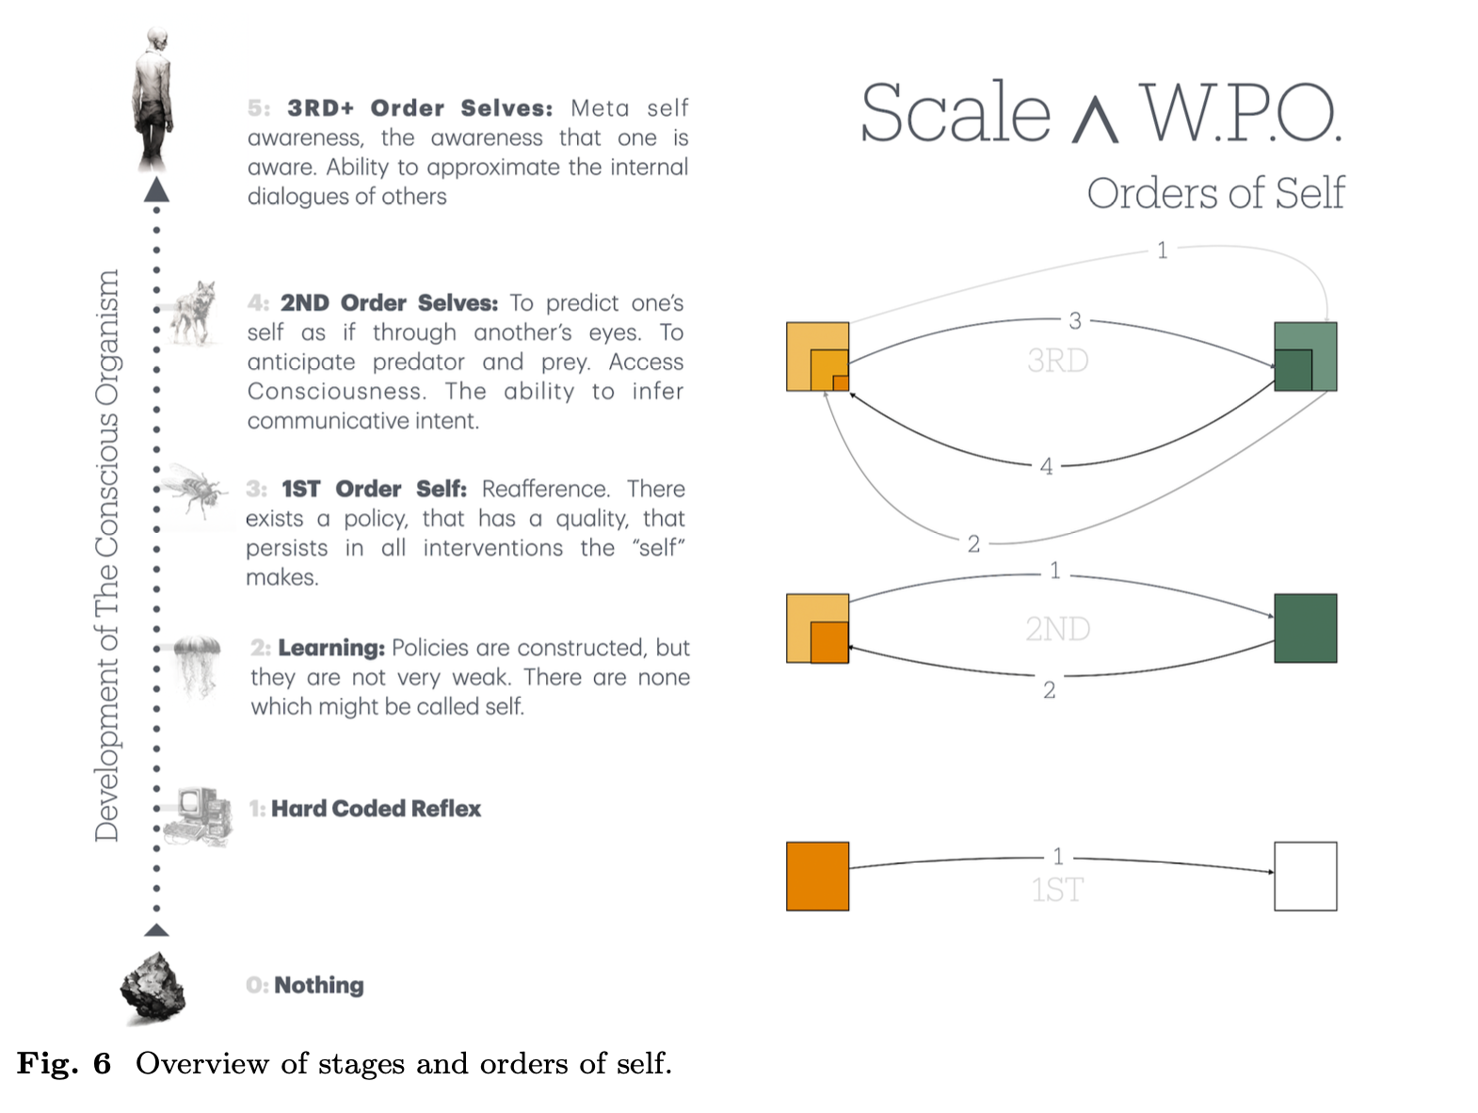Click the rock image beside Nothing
153,988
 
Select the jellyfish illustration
199,665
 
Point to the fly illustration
196,490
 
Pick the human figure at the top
153,99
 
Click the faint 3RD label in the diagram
1057,361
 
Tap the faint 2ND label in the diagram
1057,629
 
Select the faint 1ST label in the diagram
1057,890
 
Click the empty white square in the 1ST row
1305,876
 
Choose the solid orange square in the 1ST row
817,876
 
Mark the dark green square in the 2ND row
1305,628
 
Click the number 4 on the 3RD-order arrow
1046,466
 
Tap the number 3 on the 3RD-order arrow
1075,321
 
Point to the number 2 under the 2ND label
1049,690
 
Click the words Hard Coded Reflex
376,809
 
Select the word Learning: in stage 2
331,648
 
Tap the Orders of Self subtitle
1215,193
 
